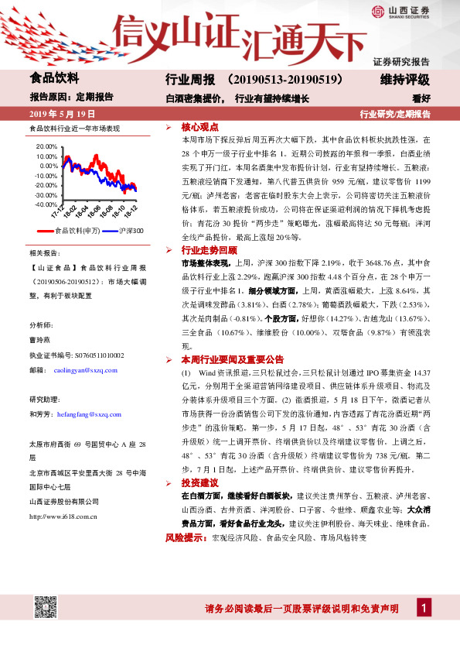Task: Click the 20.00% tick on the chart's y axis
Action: coord(46,146)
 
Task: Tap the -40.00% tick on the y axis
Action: coord(46,204)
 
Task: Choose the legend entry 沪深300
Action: coord(128,232)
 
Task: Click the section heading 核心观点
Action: coord(200,126)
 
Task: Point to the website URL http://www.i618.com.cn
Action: coord(67,515)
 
